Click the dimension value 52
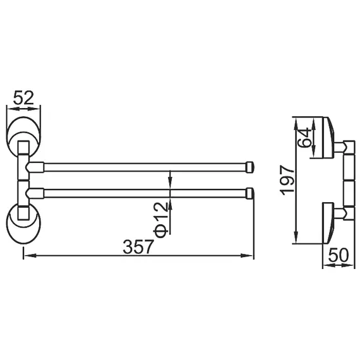coord(23,98)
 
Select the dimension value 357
coord(140,247)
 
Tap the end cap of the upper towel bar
coord(250,167)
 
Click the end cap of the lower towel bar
coord(250,191)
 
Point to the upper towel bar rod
coord(145,167)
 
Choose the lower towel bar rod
coord(145,191)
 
